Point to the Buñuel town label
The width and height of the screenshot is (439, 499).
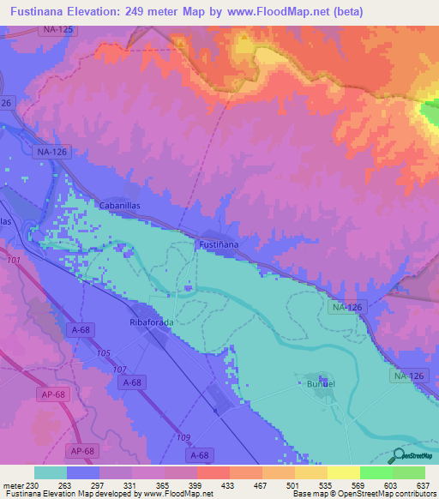click(x=314, y=384)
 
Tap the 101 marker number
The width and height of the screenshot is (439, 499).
click(x=12, y=260)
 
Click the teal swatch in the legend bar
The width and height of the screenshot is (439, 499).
click(x=51, y=472)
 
